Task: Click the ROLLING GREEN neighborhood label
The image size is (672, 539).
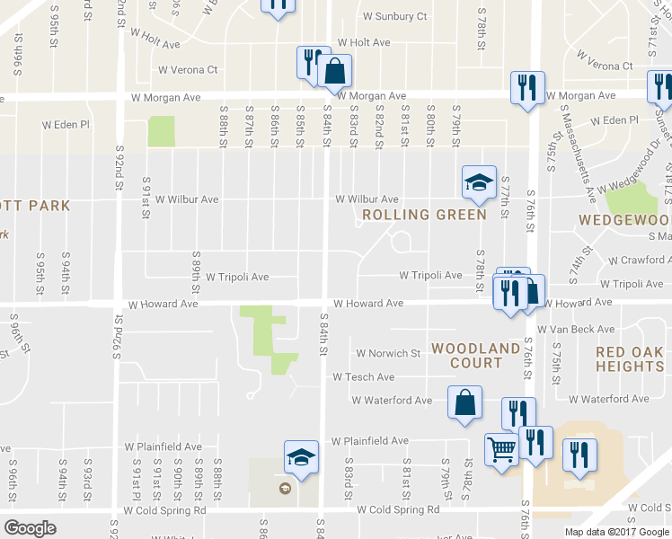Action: click(x=424, y=215)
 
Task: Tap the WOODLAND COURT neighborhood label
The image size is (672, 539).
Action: click(x=475, y=356)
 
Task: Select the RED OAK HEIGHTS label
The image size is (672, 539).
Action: click(x=630, y=358)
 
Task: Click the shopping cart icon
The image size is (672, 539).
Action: click(x=501, y=448)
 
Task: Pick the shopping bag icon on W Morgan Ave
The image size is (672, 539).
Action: click(x=334, y=71)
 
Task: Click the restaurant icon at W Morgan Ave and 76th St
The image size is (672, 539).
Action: click(x=526, y=88)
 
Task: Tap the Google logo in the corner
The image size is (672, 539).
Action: click(x=30, y=528)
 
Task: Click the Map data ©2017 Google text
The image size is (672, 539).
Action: click(x=617, y=531)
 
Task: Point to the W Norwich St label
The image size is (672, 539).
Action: click(x=388, y=354)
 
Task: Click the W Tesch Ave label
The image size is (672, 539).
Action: click(x=364, y=377)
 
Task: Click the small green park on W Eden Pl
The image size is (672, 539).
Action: click(x=161, y=131)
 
